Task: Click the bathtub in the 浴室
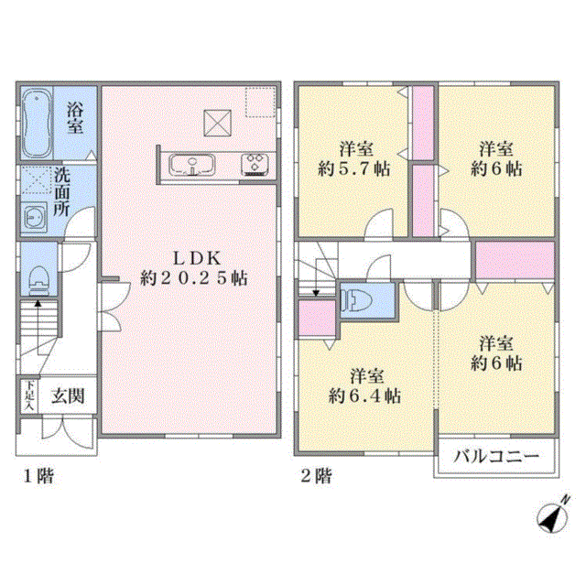point(37,123)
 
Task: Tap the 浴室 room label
point(75,119)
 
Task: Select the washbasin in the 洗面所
point(35,217)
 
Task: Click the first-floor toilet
point(39,280)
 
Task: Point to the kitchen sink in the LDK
point(192,165)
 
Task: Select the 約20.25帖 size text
point(194,278)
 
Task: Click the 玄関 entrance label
point(68,396)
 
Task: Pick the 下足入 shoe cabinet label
point(29,396)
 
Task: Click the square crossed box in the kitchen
point(218,123)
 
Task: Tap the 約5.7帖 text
point(354,169)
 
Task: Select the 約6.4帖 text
point(364,396)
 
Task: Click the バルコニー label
point(496,456)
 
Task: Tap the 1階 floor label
point(38,476)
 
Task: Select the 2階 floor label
point(316,476)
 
